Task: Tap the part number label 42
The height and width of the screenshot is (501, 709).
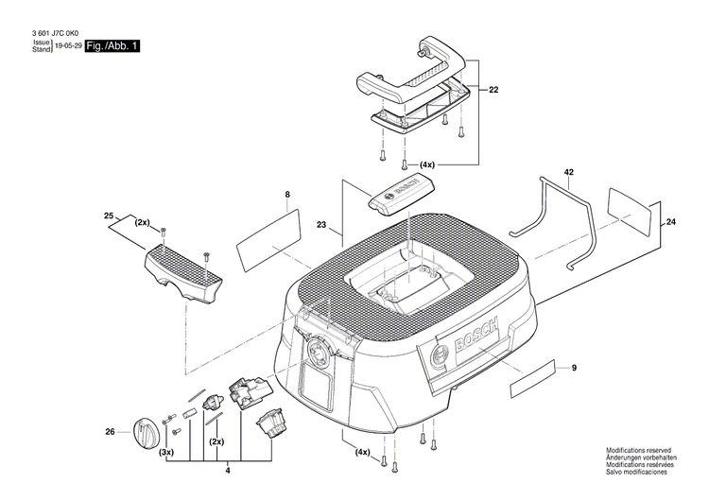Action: pos(569,174)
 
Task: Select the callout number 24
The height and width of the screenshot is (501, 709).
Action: pos(671,222)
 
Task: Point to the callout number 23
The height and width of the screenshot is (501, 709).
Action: pos(322,226)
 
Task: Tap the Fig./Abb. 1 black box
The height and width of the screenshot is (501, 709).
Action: pos(112,44)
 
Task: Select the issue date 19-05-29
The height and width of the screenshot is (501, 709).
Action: pos(67,44)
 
